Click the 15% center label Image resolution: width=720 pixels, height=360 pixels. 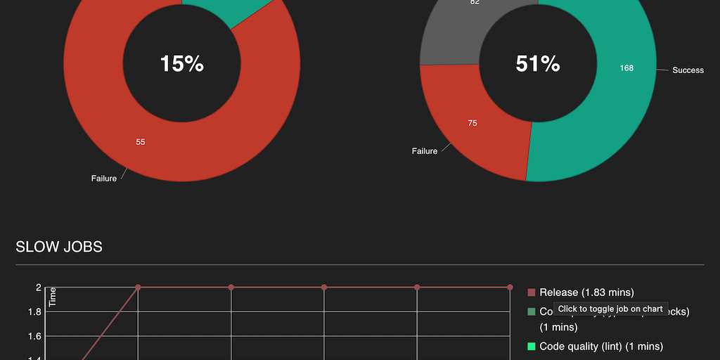pos(181,64)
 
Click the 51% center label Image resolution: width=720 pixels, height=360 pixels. pos(538,64)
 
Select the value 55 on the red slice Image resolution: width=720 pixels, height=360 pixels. pos(141,142)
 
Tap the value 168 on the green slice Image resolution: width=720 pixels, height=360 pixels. pos(626,68)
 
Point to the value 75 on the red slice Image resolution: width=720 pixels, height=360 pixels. pos(472,123)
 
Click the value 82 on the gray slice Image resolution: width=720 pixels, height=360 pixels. pos(475,3)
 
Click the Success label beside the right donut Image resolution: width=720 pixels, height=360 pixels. pos(688,70)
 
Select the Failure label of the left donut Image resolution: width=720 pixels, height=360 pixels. pos(104,179)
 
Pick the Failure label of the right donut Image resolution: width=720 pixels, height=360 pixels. pos(425,151)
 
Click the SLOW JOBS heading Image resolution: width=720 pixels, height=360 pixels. pos(59,247)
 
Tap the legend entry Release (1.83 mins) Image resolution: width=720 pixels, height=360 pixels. pos(586,292)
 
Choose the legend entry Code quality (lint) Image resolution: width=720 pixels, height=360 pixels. pos(600,346)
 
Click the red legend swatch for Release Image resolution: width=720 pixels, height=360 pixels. pos(532,292)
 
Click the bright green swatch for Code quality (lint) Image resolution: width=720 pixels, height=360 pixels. pos(532,346)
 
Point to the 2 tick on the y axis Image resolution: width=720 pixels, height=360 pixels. pos(39,287)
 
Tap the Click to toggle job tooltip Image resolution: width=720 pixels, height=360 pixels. pos(610,309)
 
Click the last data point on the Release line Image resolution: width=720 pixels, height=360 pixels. pos(510,287)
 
